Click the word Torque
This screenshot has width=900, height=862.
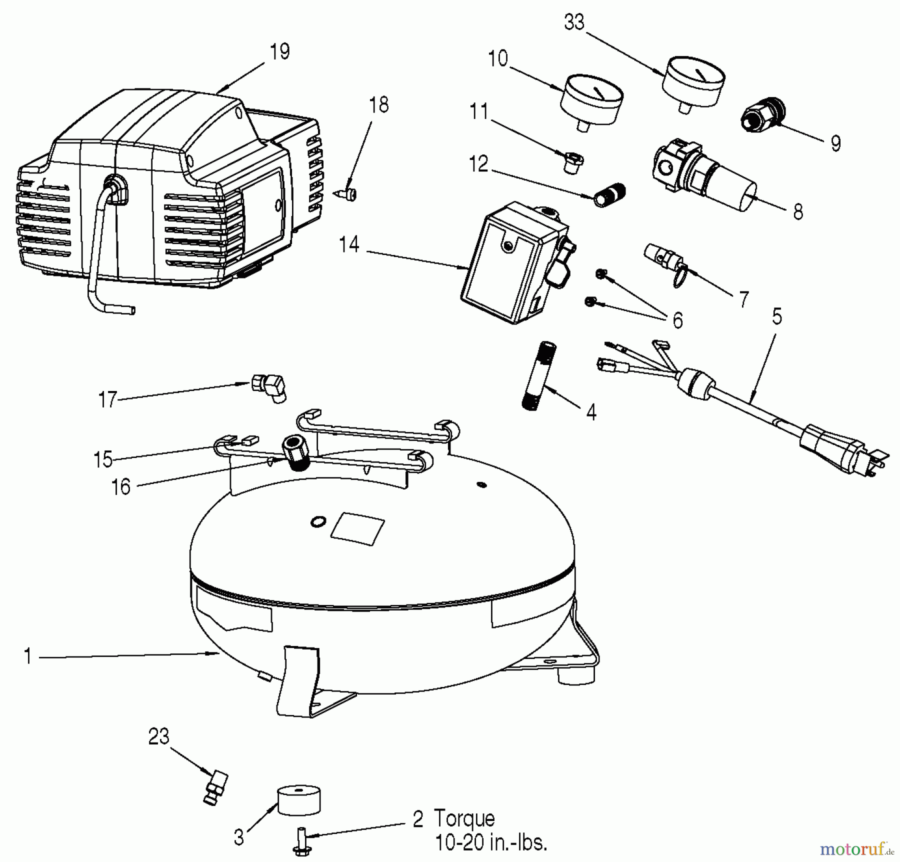[464, 819]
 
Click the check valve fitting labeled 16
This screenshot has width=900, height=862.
[295, 450]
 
